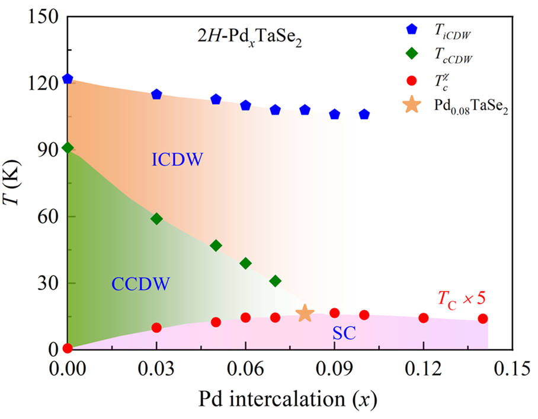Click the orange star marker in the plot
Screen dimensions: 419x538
click(305, 314)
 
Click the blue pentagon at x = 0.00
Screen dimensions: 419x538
click(68, 79)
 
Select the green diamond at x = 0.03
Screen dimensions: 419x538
click(156, 219)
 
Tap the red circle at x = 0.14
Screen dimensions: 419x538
click(483, 319)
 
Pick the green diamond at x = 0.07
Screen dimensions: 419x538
click(275, 281)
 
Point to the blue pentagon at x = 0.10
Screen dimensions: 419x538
click(364, 114)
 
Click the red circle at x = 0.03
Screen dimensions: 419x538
click(156, 328)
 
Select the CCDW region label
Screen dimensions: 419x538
click(140, 284)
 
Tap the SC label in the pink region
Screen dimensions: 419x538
click(344, 334)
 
